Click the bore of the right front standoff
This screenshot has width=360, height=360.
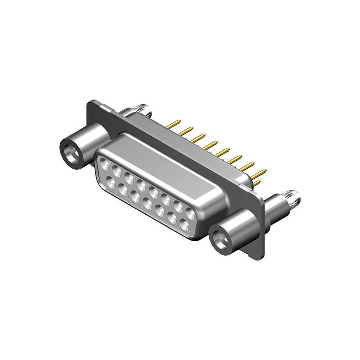coord(220,238)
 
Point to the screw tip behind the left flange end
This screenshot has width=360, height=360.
coord(143,108)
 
